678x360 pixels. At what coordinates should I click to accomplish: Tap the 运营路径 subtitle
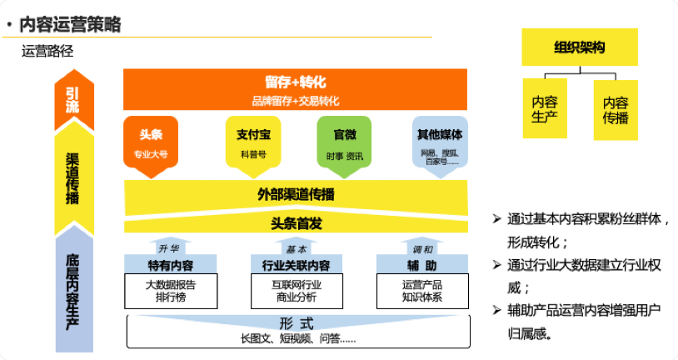coord(48,51)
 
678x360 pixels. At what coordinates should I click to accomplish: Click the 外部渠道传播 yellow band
coord(295,195)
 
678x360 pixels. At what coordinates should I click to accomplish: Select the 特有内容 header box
coord(171,266)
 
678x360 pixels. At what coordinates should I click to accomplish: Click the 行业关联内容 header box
coord(295,266)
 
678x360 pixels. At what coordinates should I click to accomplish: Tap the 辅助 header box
coord(421,266)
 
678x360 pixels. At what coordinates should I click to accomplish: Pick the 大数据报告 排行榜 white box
coord(171,291)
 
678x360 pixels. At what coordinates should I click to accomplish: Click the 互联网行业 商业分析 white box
coord(295,291)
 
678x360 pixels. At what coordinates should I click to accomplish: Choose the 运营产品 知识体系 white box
coord(421,291)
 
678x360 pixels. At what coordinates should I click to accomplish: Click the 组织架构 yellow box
coord(580,47)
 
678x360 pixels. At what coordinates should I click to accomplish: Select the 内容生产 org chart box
coord(545,109)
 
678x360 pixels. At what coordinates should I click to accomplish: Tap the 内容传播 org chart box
coord(616,109)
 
